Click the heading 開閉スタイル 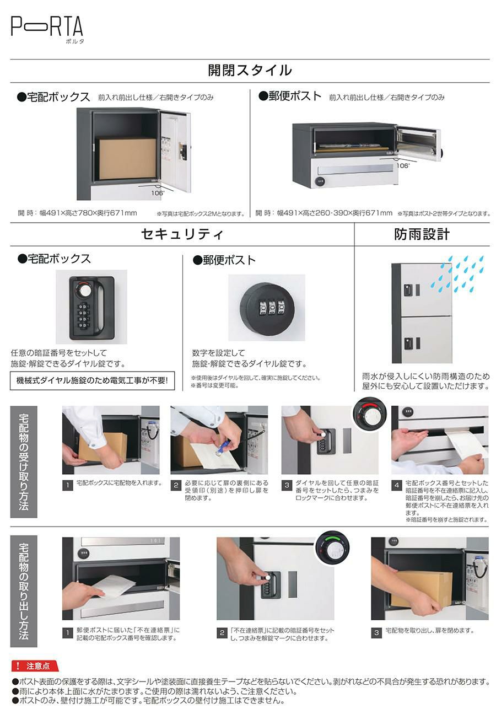(x=250, y=70)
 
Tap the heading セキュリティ (x=182, y=234)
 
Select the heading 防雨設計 (x=422, y=234)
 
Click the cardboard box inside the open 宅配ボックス (x=127, y=158)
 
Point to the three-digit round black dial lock (x=266, y=307)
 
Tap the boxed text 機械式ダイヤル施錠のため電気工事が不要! (x=93, y=380)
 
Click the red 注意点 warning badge (x=35, y=665)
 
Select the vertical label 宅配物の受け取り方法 (x=24, y=461)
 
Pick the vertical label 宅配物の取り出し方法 (x=24, y=590)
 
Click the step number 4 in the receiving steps (x=397, y=485)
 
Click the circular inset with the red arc (x=370, y=414)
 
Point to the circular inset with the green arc (x=332, y=548)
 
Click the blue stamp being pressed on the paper (x=223, y=448)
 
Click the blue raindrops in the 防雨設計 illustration (x=457, y=274)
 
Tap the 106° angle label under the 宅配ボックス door (x=158, y=193)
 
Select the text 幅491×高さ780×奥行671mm (x=88, y=213)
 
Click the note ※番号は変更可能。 (x=215, y=385)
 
